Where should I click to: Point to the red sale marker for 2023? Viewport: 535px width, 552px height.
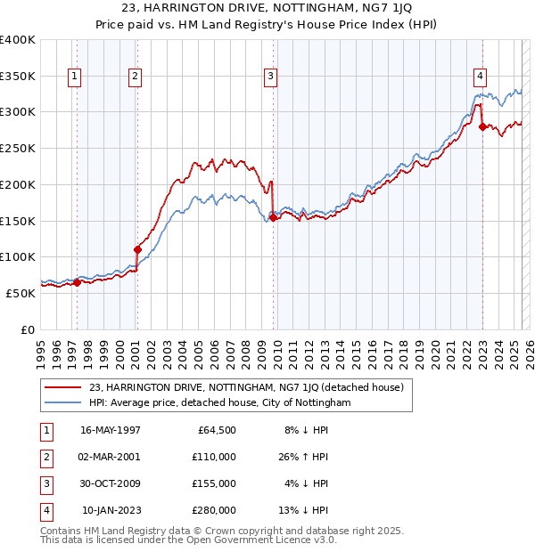click(482, 126)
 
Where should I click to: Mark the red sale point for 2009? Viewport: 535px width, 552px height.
click(273, 217)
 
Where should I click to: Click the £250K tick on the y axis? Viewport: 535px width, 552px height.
click(18, 148)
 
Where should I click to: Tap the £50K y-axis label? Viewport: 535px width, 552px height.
click(21, 292)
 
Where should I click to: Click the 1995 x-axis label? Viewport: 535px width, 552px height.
click(41, 350)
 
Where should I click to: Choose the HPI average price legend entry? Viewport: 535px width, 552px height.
click(220, 402)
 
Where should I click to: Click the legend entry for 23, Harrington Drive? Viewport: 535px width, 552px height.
click(246, 387)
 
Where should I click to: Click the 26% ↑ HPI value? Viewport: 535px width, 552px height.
click(306, 457)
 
